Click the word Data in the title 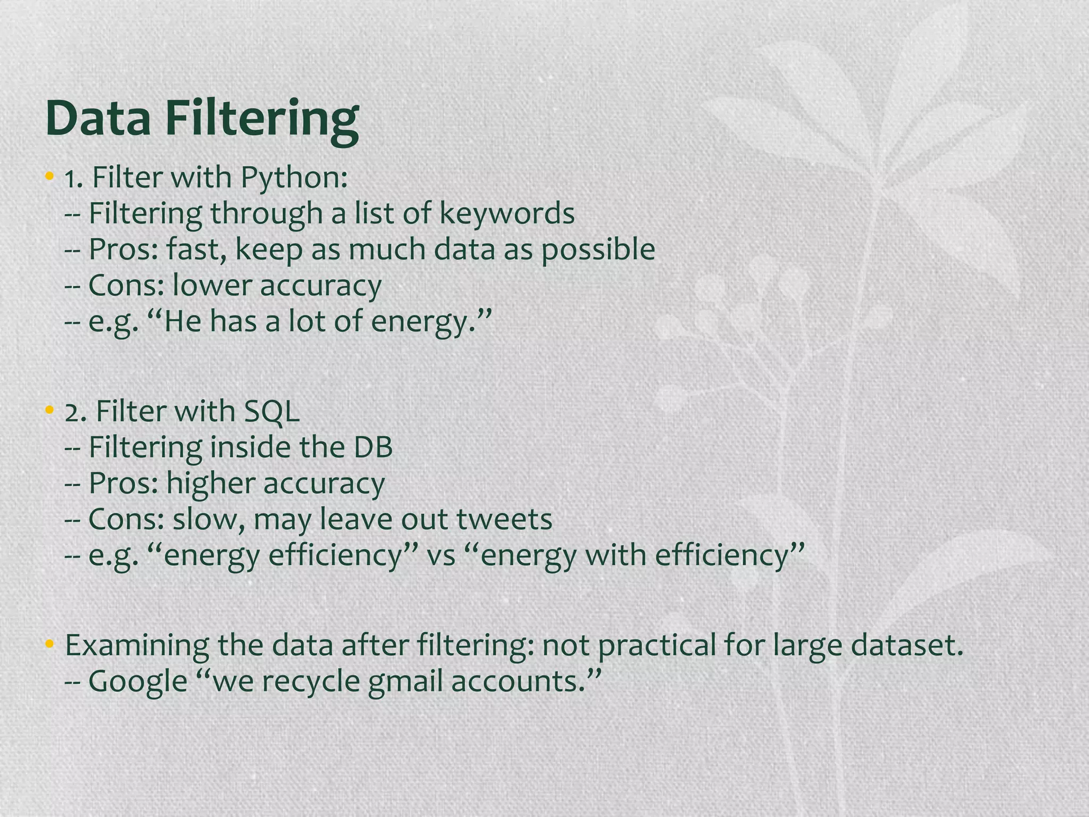98,118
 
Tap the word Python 294,178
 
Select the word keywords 507,214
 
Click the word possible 598,249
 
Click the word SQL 272,411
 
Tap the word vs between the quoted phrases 441,555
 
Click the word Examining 137,645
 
